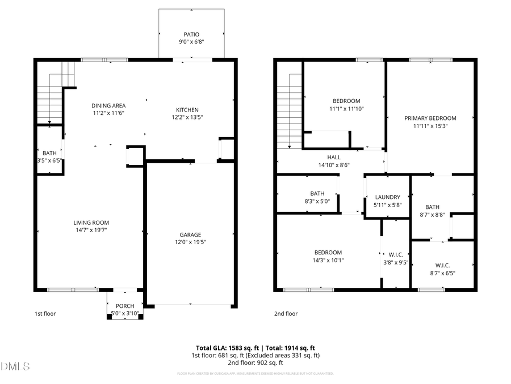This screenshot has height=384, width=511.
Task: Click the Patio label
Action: (x=191, y=34)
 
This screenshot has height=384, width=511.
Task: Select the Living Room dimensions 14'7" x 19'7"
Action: (x=91, y=230)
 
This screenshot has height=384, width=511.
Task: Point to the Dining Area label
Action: (x=108, y=105)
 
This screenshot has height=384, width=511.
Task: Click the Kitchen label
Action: (x=187, y=110)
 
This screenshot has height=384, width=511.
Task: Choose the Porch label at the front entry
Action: (x=125, y=306)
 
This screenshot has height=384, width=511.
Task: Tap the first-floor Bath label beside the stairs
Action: (x=49, y=153)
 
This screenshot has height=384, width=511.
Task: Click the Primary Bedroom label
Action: (x=430, y=118)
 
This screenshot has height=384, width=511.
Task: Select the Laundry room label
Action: (x=388, y=197)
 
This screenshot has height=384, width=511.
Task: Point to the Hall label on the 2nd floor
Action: (x=333, y=158)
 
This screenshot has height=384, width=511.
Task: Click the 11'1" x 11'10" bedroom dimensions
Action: (x=346, y=109)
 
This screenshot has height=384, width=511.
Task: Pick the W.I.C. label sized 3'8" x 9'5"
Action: (x=396, y=254)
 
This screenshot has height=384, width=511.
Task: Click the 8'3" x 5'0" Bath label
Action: (x=317, y=193)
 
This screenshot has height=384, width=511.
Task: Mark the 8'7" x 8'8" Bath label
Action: (x=433, y=207)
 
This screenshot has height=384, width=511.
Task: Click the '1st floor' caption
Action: (x=45, y=313)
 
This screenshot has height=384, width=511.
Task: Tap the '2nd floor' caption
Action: (x=286, y=313)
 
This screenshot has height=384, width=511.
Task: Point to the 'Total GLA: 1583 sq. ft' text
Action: (x=224, y=347)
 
